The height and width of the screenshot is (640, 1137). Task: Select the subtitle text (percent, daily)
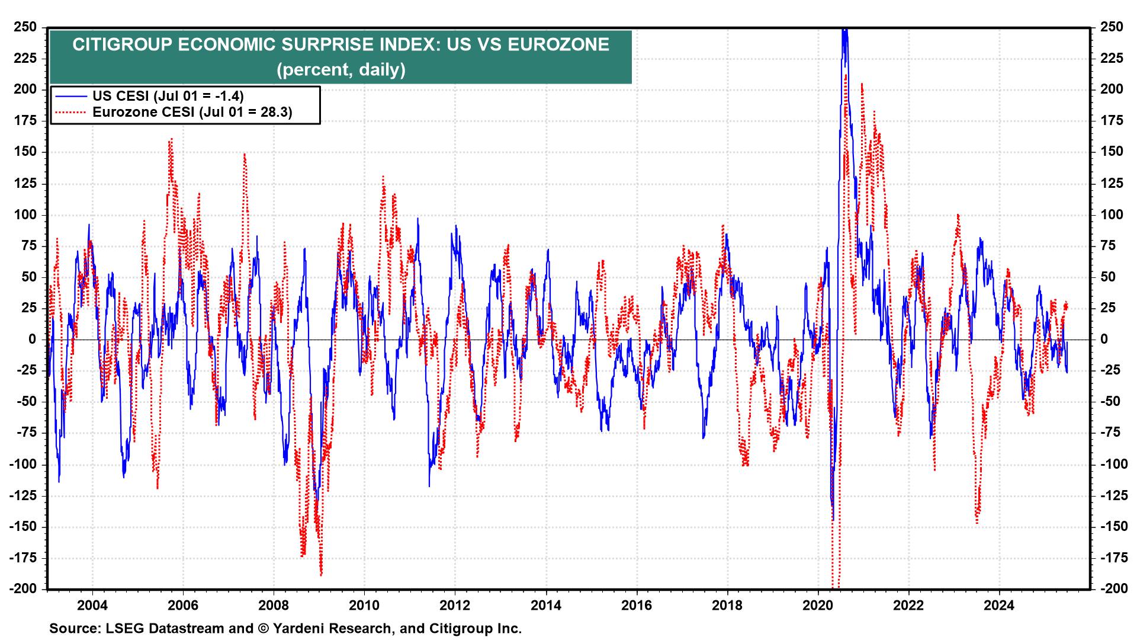(x=341, y=70)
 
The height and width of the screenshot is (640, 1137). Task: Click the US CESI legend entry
(x=168, y=96)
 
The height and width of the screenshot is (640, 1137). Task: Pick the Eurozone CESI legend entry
(x=192, y=112)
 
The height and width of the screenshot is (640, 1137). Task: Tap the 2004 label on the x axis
(x=92, y=605)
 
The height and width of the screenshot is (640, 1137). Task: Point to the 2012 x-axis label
(x=455, y=605)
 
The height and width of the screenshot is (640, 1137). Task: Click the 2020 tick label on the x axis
(x=818, y=605)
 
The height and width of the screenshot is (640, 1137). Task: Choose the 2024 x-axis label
(x=999, y=605)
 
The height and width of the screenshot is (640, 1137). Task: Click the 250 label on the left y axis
(x=25, y=27)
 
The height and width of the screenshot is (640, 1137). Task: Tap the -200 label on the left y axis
(x=23, y=588)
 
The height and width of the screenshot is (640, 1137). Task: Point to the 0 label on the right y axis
(x=1104, y=339)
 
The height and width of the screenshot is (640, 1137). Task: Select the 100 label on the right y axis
(x=1112, y=215)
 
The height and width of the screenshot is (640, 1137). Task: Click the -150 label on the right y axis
(x=1114, y=526)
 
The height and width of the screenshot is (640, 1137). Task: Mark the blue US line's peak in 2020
(x=844, y=30)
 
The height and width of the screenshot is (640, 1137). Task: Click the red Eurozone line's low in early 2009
(x=321, y=574)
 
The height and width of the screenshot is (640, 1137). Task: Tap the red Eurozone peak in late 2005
(x=171, y=140)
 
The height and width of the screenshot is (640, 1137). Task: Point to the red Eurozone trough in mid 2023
(x=977, y=522)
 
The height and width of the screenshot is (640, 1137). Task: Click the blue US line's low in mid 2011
(x=429, y=486)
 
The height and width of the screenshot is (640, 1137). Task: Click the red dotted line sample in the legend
(x=71, y=112)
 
